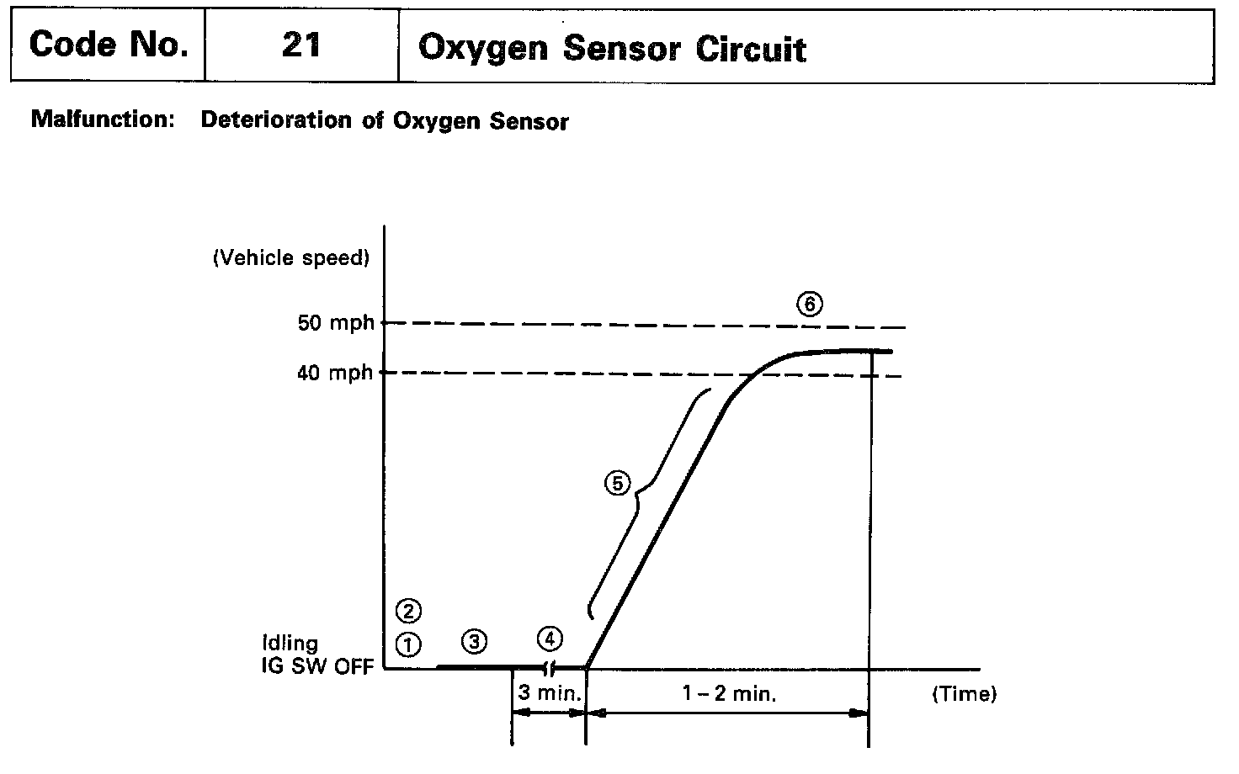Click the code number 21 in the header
click(300, 45)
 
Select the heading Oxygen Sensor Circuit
click(612, 48)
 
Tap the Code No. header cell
click(108, 45)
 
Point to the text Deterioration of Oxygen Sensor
click(385, 120)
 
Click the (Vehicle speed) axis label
click(291, 258)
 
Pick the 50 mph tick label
click(335, 323)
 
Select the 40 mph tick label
click(335, 373)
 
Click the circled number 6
click(809, 305)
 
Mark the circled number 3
click(475, 642)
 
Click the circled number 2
click(408, 611)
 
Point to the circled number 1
click(408, 644)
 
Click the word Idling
click(290, 644)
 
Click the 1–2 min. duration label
click(729, 695)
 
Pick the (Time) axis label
click(964, 695)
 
